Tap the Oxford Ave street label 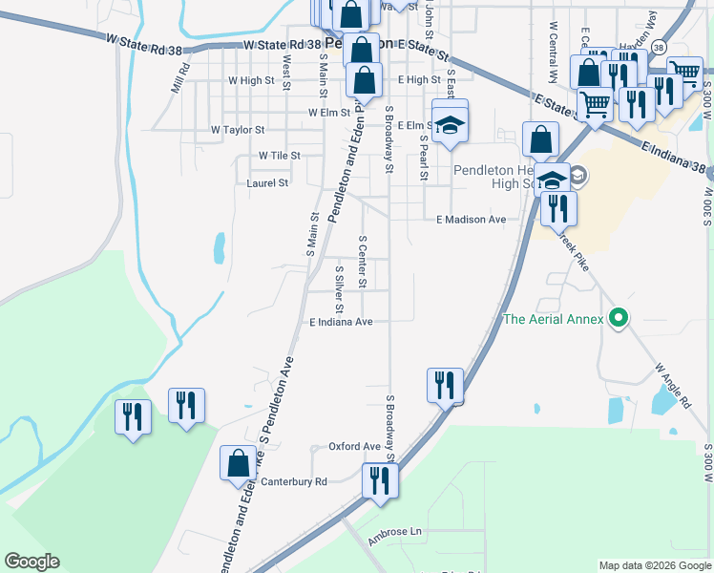pyautogui.click(x=354, y=446)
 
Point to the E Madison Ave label pyautogui.click(x=471, y=219)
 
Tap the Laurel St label pyautogui.click(x=267, y=182)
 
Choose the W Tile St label pyautogui.click(x=279, y=155)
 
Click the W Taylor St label pyautogui.click(x=238, y=129)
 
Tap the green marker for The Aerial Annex pyautogui.click(x=619, y=319)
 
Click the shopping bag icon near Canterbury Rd pyautogui.click(x=239, y=465)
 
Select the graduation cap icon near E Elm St pyautogui.click(x=451, y=124)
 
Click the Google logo pyautogui.click(x=31, y=562)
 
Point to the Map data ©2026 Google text pyautogui.click(x=655, y=565)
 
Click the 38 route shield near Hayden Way pyautogui.click(x=659, y=46)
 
